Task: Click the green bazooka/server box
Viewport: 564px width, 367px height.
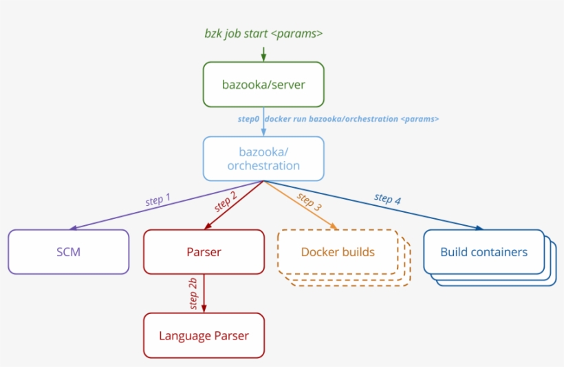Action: click(263, 85)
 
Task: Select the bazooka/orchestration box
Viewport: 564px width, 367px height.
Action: click(263, 158)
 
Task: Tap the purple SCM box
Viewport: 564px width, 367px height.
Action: click(68, 251)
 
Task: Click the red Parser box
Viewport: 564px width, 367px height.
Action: click(204, 251)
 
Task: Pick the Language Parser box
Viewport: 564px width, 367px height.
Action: click(204, 335)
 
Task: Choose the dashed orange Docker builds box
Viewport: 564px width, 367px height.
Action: click(338, 251)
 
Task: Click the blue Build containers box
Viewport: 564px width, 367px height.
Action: click(484, 251)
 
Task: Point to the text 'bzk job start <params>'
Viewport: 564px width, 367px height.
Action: click(263, 33)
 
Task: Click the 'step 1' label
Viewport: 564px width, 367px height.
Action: click(158, 200)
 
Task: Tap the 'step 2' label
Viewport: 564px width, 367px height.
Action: click(226, 201)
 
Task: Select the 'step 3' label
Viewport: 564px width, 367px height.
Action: click(309, 200)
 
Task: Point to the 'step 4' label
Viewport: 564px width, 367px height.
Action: click(387, 198)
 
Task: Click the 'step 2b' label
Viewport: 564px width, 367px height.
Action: click(193, 293)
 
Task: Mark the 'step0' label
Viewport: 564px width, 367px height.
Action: click(248, 119)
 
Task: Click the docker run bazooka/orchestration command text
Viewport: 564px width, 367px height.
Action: click(352, 119)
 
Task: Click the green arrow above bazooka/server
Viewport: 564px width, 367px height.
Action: click(263, 53)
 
